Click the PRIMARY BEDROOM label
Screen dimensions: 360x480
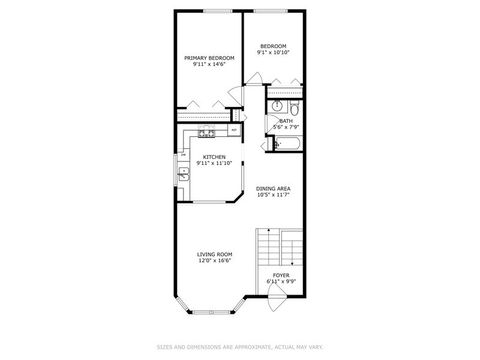[209, 58]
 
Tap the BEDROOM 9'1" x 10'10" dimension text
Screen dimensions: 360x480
[274, 53]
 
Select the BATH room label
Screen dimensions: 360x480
[285, 121]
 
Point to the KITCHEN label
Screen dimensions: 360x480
[214, 157]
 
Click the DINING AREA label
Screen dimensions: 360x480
[273, 188]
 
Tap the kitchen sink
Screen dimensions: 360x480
[184, 174]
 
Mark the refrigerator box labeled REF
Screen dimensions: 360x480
[233, 130]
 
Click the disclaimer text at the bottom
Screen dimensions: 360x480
[239, 347]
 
